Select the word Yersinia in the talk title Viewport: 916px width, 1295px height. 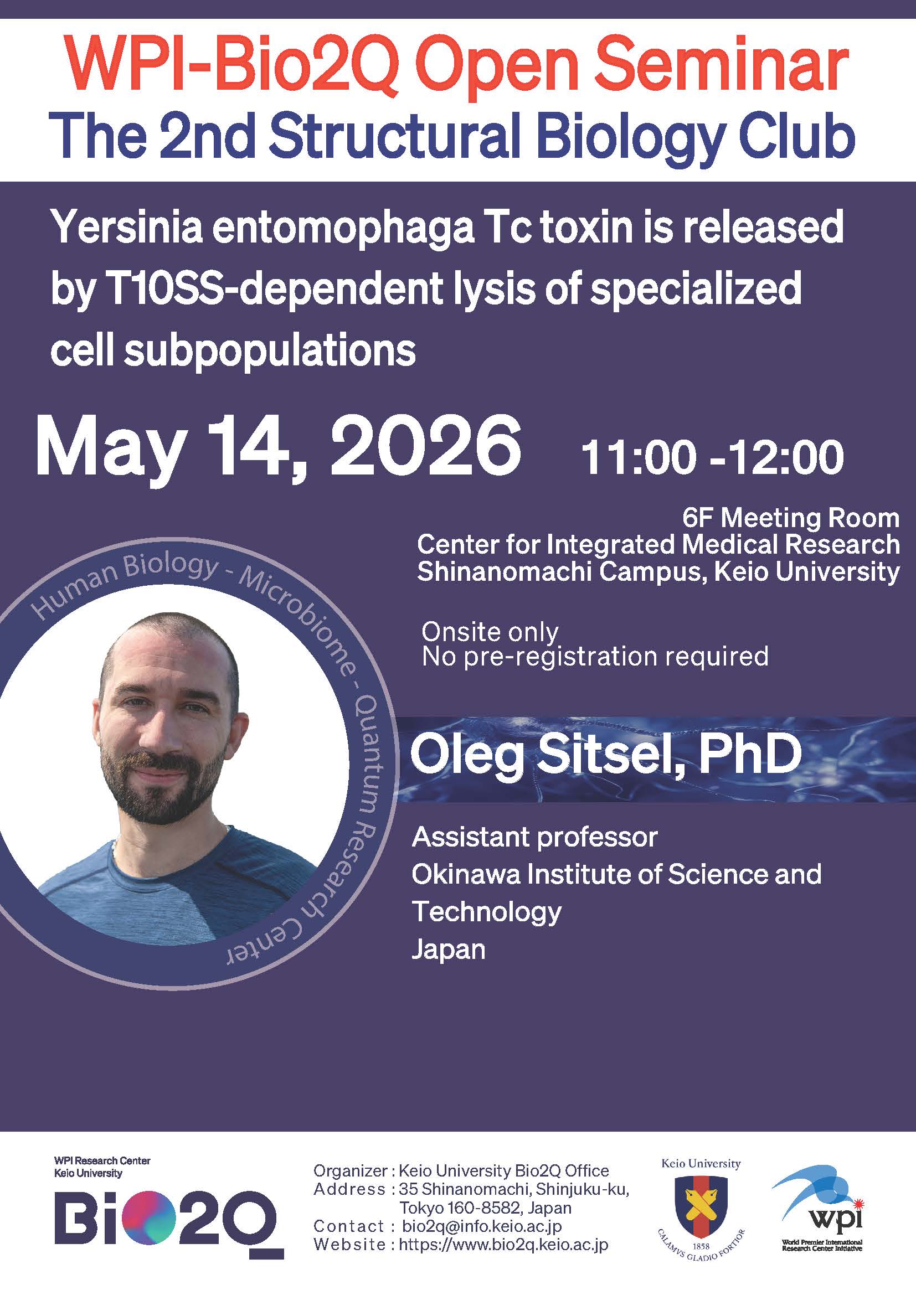(130, 228)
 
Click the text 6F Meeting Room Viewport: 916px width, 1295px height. (791, 518)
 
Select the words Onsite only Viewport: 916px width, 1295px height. (490, 632)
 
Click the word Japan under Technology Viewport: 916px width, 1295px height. (449, 950)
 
